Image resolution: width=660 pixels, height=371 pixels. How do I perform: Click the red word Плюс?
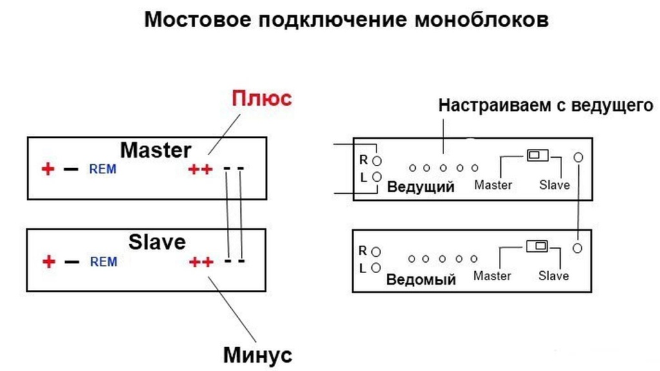262,99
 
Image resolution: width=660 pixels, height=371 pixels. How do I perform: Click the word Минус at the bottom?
257,354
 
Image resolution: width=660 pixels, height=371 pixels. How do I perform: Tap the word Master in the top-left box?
156,150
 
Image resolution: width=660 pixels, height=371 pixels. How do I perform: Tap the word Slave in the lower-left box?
157,242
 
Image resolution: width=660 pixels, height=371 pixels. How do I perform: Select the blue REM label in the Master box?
103,169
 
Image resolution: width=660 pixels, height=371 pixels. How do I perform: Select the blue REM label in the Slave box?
103,262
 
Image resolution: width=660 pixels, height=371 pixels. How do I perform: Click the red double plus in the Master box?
200,169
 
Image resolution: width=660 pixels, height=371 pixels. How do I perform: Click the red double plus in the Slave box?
200,262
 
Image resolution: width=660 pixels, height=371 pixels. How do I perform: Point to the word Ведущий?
420,187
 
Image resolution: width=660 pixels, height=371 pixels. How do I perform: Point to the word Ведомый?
421,280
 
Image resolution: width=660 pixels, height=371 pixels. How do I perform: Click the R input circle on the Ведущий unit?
377,159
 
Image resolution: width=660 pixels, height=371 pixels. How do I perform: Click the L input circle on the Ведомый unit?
376,267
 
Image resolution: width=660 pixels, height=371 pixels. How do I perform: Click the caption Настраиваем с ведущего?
546,106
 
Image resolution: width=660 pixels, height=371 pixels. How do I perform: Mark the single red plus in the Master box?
48,169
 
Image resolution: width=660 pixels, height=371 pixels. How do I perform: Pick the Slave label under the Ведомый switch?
554,276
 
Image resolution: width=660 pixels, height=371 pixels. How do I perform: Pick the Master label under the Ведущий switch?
493,185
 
